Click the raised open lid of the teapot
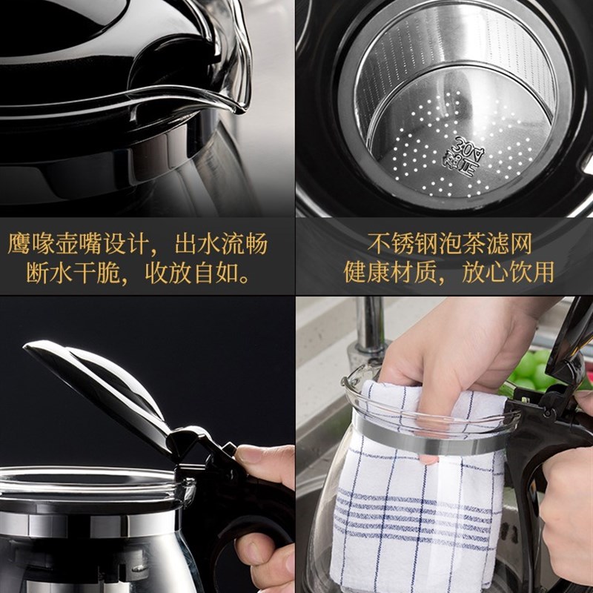(x=96, y=385)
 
